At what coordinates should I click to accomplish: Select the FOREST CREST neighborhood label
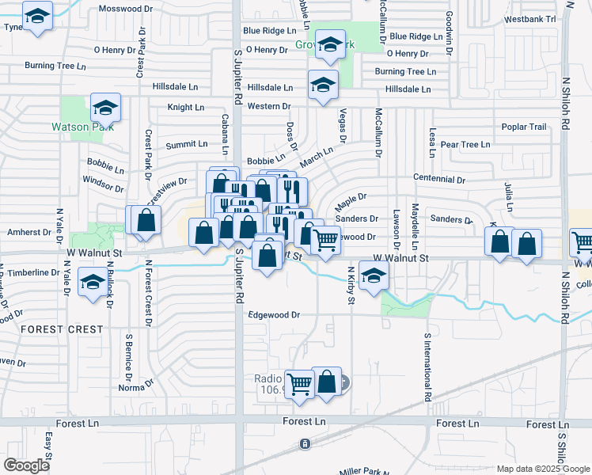62,329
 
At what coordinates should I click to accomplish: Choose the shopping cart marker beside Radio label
299,386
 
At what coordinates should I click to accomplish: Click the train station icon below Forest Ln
305,444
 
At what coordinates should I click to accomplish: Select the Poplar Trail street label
524,127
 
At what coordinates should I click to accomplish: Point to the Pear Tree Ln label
465,145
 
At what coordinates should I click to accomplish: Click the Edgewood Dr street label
274,314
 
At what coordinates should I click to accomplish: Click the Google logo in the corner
27,465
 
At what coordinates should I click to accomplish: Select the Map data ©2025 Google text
542,469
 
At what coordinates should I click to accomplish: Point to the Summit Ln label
186,144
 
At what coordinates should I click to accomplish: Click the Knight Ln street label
185,107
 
